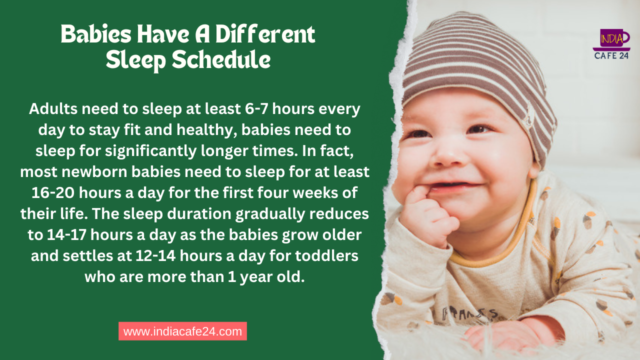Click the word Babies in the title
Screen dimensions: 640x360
pos(96,34)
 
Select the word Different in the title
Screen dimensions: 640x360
pos(265,34)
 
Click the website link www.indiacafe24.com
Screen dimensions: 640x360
pos(182,331)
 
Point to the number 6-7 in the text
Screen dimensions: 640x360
pos(256,109)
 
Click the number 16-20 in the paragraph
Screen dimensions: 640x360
pos(53,193)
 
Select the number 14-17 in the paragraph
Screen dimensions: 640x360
pos(67,235)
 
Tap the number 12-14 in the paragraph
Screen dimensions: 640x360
pos(155,255)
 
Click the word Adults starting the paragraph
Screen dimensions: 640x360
pos(53,109)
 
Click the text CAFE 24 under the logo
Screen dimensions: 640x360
pos(611,55)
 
